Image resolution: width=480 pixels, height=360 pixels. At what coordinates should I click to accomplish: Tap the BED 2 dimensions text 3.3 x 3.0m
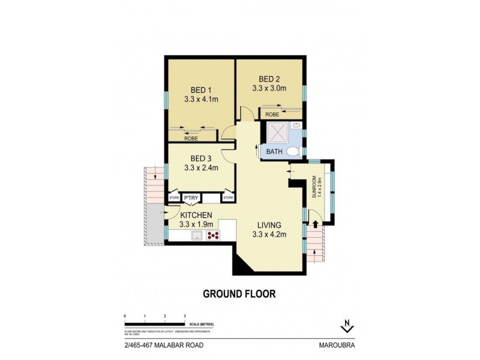[x=269, y=88]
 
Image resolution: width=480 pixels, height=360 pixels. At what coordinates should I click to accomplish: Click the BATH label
[x=274, y=152]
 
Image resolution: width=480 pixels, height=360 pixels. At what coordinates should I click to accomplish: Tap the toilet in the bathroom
[x=294, y=151]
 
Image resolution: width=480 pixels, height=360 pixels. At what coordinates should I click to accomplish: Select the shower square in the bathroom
[x=277, y=133]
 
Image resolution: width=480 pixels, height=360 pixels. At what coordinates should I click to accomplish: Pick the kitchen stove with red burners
[x=212, y=235]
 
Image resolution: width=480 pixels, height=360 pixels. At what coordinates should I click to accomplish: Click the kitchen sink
[x=195, y=235]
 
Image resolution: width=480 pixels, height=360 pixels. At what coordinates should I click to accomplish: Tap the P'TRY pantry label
[x=191, y=197]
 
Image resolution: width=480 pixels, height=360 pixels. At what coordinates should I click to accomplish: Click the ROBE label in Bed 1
[x=191, y=139]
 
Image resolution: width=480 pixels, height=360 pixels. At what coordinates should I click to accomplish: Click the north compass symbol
[x=347, y=326]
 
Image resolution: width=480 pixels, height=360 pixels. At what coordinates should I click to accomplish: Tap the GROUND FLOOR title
[x=239, y=294]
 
